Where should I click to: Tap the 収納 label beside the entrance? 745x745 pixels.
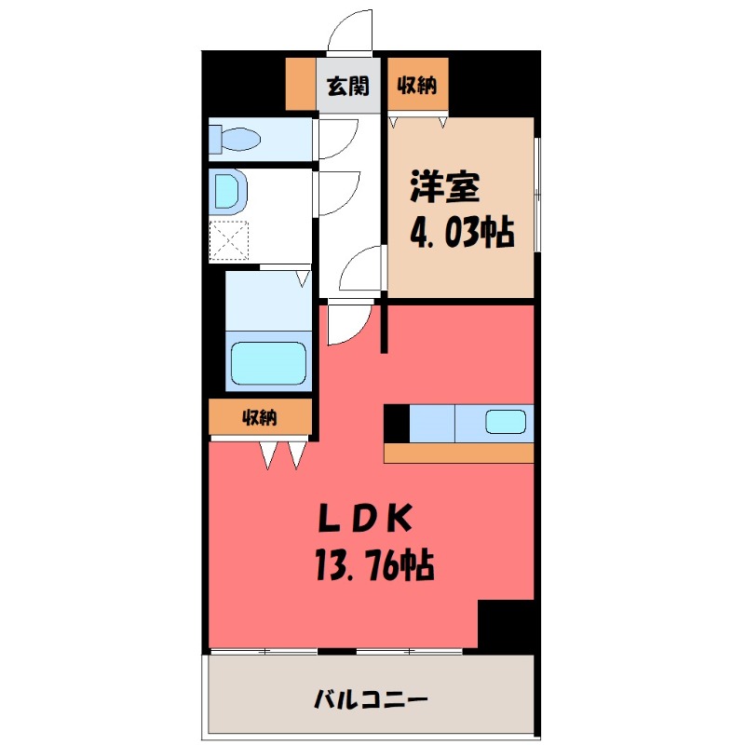pos(418,87)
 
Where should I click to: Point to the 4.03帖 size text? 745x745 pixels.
pos(463,232)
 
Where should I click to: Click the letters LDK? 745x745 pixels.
pos(363,518)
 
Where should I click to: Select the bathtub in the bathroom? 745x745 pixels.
pos(268,362)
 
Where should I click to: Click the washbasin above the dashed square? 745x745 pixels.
pos(229,191)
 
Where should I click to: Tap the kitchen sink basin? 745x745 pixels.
pos(507,423)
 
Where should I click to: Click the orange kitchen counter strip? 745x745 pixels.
pos(458,453)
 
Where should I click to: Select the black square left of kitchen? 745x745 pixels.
pos(396,423)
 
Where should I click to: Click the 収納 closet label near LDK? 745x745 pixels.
pos(260,418)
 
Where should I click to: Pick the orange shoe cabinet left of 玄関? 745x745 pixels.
pos(300,85)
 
